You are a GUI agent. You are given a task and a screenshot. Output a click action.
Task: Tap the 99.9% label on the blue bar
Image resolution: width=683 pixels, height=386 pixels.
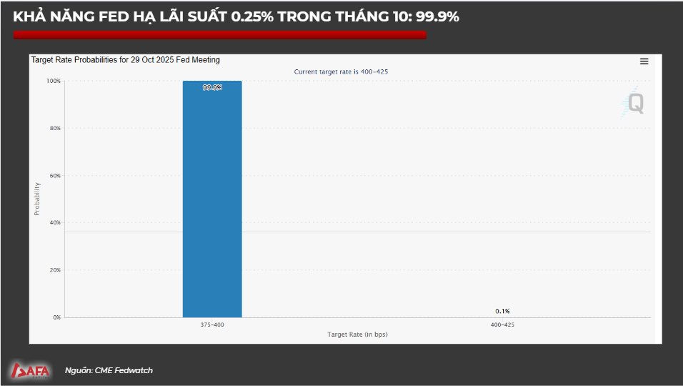(x=212, y=87)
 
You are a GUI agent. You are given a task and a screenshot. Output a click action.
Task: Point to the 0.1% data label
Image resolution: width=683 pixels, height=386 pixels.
(x=502, y=311)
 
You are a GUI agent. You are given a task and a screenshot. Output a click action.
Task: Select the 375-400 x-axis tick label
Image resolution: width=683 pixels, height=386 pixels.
(x=212, y=325)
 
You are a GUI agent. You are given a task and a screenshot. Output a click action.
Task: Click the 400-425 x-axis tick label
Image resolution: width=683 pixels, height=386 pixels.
(x=502, y=325)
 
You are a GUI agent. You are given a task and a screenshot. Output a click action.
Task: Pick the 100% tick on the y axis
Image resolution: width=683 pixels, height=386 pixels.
(x=54, y=81)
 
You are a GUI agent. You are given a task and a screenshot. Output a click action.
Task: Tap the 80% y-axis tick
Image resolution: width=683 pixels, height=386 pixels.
(x=55, y=128)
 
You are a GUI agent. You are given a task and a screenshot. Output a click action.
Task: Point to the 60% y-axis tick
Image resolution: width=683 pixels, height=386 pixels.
(x=55, y=175)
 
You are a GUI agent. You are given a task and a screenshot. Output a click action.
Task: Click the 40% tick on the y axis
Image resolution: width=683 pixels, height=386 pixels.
(x=55, y=222)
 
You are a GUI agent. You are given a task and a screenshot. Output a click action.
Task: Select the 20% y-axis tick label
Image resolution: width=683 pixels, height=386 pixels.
(x=55, y=270)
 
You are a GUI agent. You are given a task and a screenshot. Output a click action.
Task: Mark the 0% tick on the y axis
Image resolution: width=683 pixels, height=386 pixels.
(x=56, y=317)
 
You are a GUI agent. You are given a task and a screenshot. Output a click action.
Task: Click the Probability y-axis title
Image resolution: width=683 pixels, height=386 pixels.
(x=37, y=199)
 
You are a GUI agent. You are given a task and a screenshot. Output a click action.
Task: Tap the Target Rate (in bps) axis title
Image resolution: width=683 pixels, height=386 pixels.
(x=357, y=334)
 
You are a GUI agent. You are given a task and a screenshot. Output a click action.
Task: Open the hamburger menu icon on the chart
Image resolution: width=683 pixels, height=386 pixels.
(x=644, y=61)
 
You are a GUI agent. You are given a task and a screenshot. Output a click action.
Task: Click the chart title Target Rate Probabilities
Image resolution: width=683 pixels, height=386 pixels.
(x=125, y=60)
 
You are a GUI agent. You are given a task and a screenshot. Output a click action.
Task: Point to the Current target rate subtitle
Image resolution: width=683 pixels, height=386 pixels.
(x=341, y=71)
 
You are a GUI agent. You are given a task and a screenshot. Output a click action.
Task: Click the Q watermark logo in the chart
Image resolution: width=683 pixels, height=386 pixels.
(x=634, y=103)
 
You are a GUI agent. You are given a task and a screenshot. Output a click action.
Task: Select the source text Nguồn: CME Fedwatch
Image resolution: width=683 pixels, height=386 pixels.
(x=109, y=370)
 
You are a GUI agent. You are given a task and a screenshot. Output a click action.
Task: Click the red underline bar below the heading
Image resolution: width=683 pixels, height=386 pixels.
(x=220, y=35)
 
